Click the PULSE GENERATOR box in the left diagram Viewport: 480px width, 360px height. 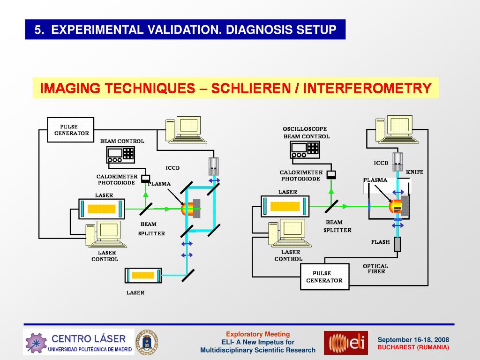71,130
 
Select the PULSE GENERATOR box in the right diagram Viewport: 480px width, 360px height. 324,277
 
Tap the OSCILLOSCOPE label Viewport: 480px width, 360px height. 305,129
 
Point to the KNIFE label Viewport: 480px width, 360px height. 414,172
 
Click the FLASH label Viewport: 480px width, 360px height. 380,242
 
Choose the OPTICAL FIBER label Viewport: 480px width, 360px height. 375,269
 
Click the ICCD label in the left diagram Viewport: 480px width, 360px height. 172,168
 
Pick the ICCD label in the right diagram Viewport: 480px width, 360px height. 381,163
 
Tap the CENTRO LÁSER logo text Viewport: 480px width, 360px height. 88,338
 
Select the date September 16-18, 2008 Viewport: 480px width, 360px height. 413,340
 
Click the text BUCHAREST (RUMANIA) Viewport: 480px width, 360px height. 413,347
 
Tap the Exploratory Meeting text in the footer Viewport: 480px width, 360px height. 258,334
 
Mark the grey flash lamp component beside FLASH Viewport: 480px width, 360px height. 397,244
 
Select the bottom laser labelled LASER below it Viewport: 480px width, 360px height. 143,275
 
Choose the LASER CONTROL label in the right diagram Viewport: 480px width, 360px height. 288,255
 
